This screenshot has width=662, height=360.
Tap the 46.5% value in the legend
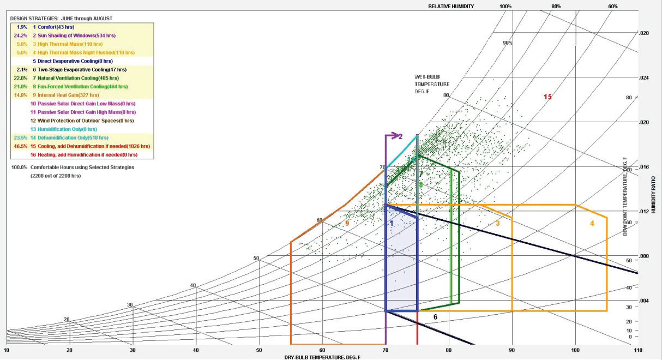tap(20, 146)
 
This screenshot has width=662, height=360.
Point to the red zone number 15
tap(547, 97)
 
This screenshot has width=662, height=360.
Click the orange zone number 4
tap(592, 223)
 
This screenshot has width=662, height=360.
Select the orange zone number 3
tap(497, 223)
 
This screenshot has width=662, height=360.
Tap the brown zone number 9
tap(347, 224)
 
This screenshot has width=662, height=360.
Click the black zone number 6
tap(435, 316)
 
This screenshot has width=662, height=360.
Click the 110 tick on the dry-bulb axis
tap(637, 350)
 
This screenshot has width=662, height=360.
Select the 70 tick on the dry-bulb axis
tap(385, 350)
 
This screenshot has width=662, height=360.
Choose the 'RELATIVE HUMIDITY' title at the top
tap(450, 7)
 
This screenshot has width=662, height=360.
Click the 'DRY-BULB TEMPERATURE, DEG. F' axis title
tap(322, 357)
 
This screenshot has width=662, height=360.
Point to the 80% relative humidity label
tap(556, 7)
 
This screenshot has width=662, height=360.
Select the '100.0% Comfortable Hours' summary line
tap(73, 167)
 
